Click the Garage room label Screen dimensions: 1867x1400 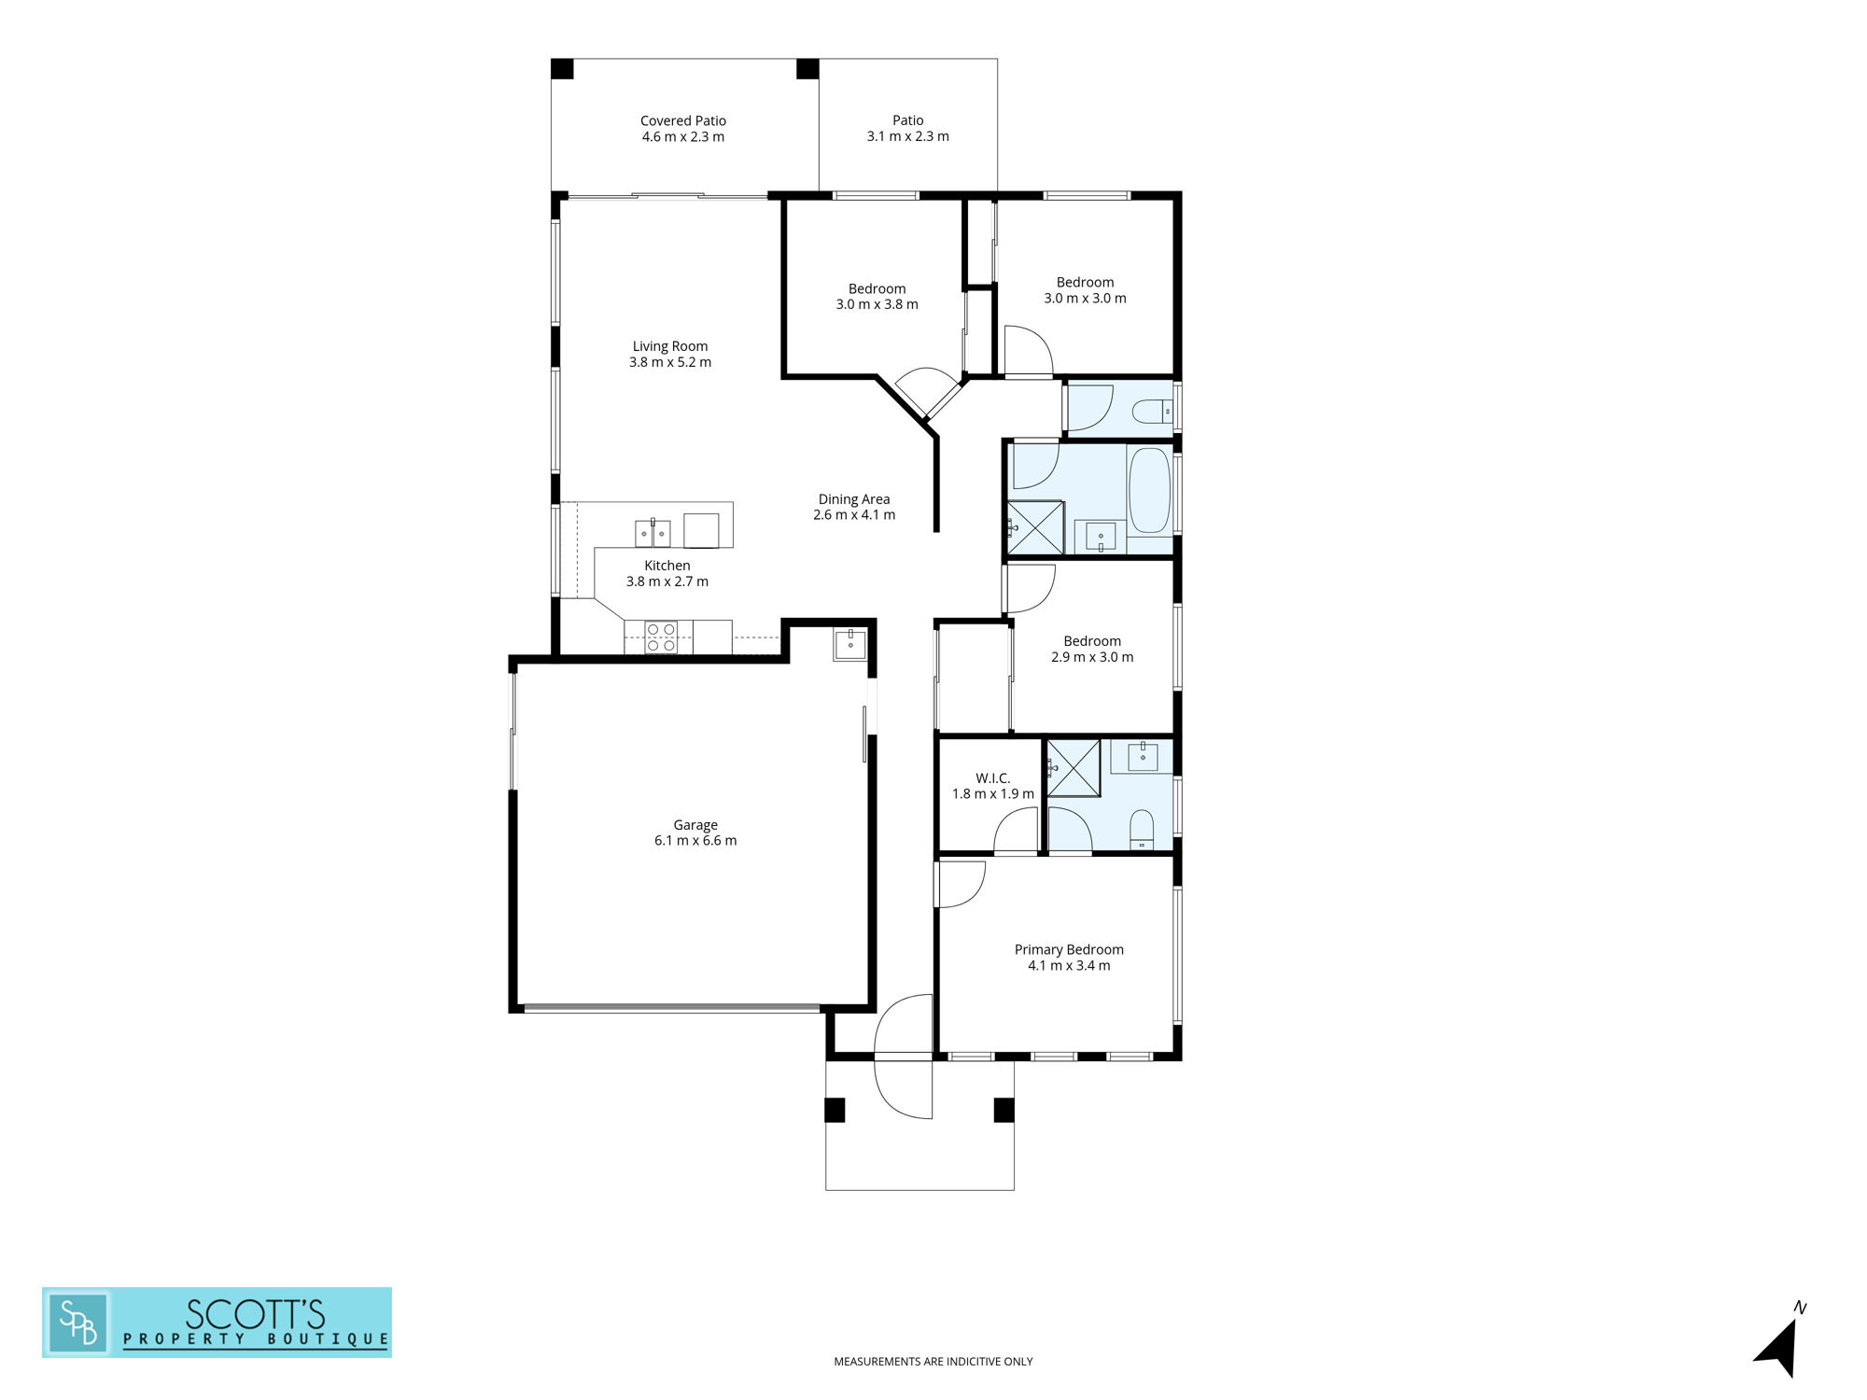(695, 825)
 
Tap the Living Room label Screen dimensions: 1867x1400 (670, 346)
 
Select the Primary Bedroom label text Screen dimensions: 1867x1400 (1069, 950)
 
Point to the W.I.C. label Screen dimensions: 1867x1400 (992, 778)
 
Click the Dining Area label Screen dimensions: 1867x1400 (854, 499)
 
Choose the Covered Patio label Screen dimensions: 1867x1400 (683, 120)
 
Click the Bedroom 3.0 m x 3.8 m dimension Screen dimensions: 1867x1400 (877, 304)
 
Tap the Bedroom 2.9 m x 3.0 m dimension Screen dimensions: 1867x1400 (1092, 657)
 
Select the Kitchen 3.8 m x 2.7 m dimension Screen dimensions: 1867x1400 (667, 581)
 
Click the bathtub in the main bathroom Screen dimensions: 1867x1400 (1149, 490)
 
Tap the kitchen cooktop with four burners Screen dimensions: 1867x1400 (661, 637)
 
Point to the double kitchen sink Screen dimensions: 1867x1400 (653, 533)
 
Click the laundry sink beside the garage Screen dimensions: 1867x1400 (849, 644)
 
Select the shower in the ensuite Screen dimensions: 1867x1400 (1074, 768)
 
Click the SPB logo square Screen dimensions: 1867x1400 (78, 1323)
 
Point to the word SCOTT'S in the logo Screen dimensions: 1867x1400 (255, 1314)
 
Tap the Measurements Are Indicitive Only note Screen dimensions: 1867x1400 (933, 1362)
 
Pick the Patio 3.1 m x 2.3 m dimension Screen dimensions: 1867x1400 (908, 136)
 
